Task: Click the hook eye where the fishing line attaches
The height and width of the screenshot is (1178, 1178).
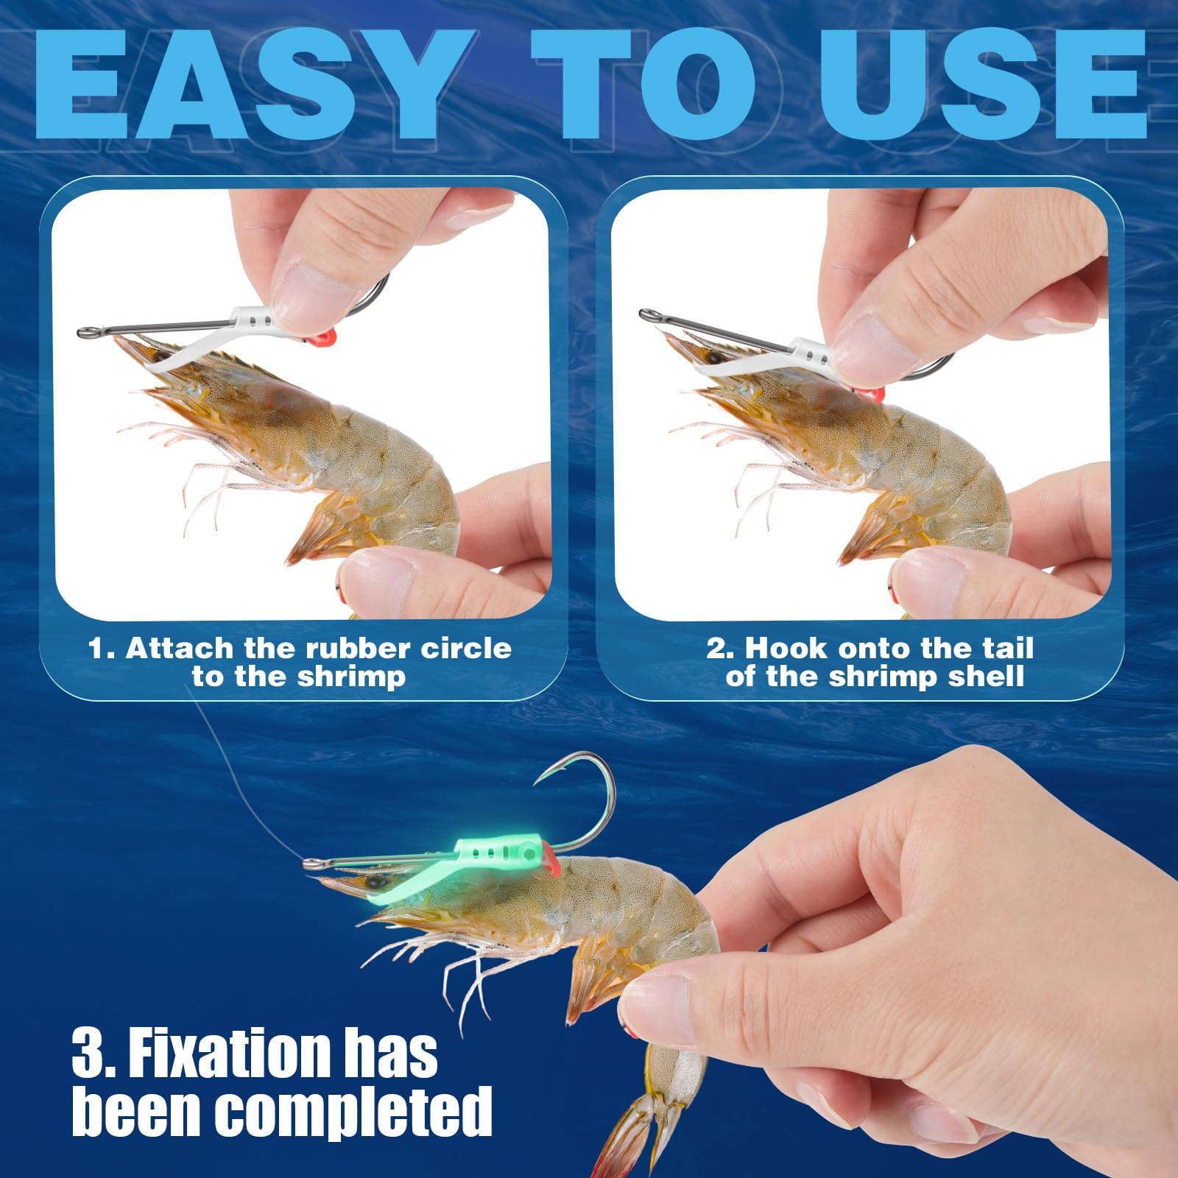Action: coord(314,863)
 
